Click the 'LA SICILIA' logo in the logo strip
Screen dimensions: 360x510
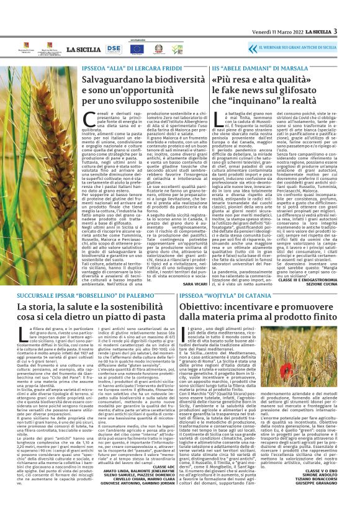pos(79,48)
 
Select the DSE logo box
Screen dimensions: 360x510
pos(114,48)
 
